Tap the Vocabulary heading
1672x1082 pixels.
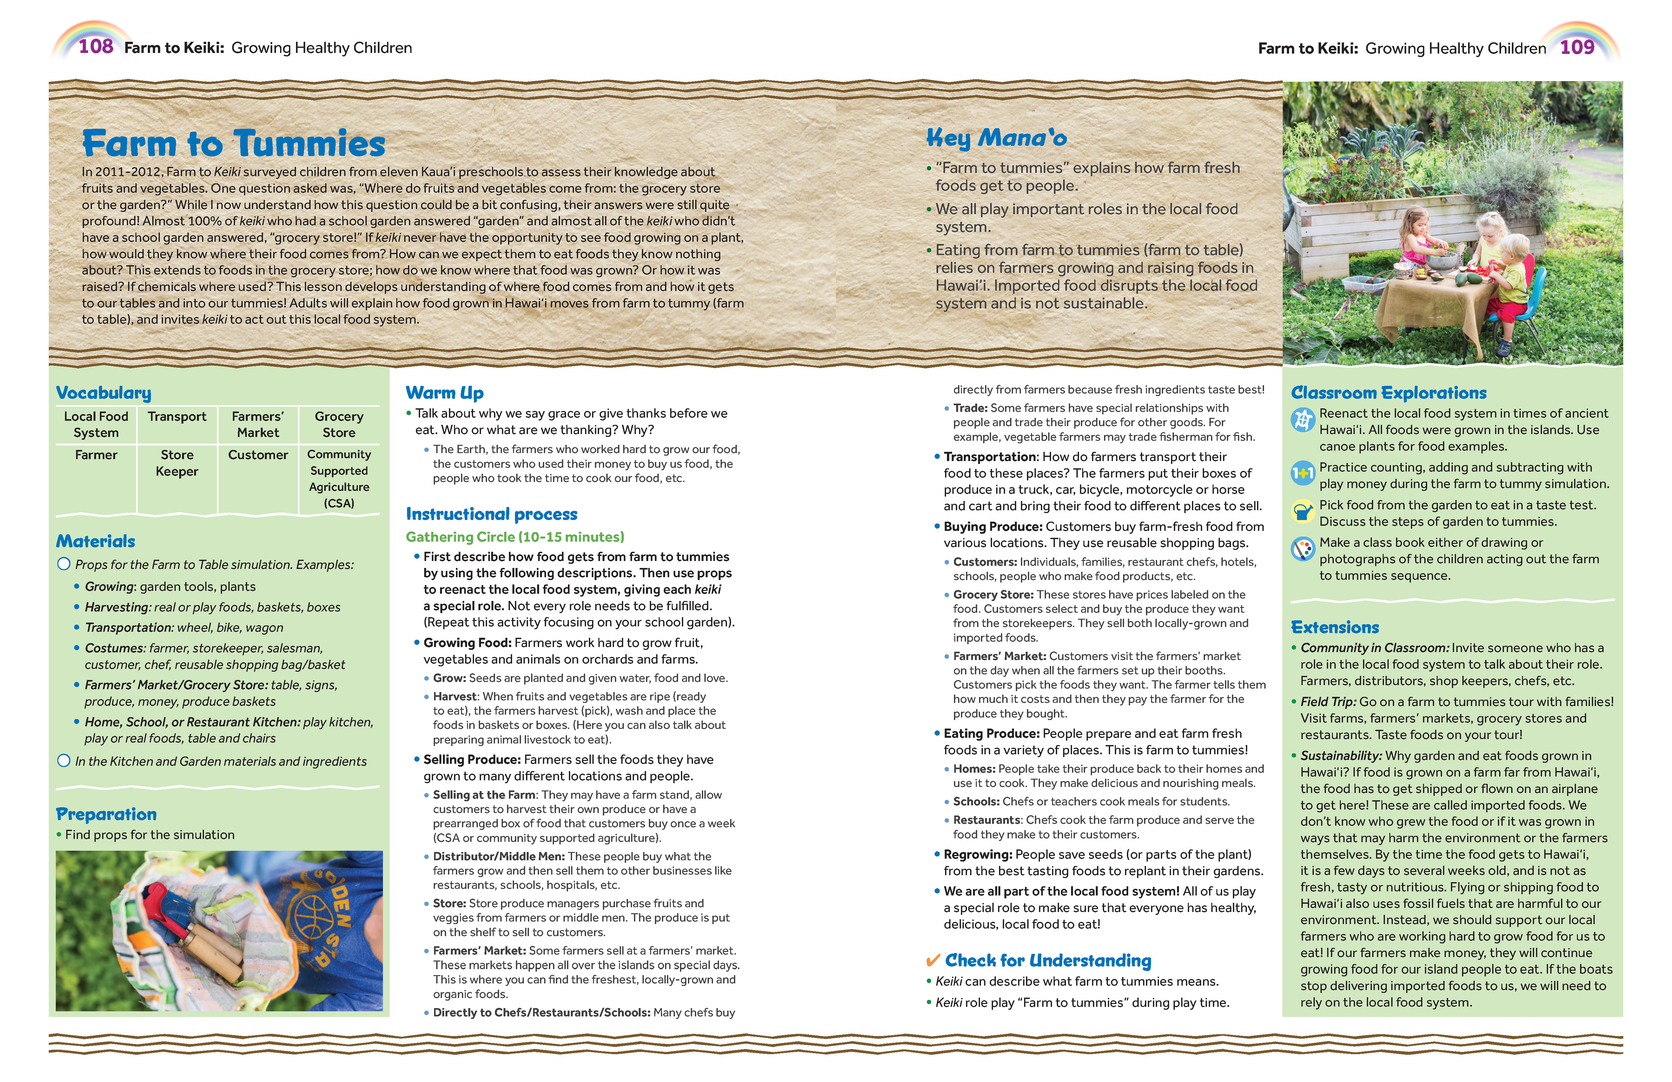(103, 393)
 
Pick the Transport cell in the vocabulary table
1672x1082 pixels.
(177, 417)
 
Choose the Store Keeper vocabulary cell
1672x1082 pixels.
(177, 463)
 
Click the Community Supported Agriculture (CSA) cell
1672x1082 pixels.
(339, 478)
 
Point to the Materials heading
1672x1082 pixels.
(95, 541)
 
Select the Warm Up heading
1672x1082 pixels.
(445, 393)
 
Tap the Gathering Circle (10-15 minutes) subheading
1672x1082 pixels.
(515, 537)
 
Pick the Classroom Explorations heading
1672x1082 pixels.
(1389, 393)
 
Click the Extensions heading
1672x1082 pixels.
(1335, 628)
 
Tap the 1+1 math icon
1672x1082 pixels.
(1303, 474)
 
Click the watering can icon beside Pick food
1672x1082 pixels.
(1303, 512)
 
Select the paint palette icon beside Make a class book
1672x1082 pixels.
(1303, 550)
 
